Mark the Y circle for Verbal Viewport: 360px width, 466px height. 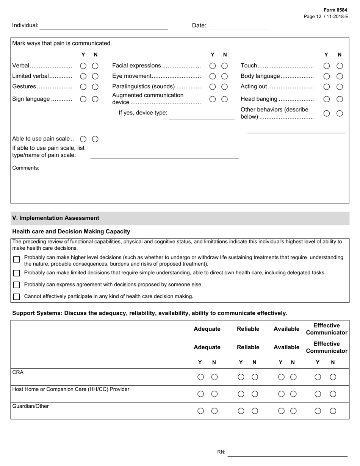pos(83,66)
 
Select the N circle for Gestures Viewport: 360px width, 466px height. pos(95,87)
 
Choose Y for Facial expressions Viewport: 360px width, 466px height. pos(213,66)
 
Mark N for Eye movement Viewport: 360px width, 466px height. pos(224,76)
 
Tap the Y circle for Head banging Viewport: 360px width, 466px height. pos(327,99)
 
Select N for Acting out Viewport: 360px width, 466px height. pos(340,87)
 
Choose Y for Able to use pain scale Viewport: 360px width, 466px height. pos(83,139)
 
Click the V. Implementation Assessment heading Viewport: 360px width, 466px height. pos(56,218)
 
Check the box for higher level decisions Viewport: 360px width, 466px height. pos(16,260)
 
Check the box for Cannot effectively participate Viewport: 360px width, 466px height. pos(16,297)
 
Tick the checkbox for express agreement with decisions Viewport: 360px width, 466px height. pos(16,285)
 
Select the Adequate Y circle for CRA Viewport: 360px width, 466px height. pos(201,377)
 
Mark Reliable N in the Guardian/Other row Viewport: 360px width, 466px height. pos(255,411)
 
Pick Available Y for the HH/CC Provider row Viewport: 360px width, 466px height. pos(281,394)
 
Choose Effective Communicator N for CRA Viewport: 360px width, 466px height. pos(333,377)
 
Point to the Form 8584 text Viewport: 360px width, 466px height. pos(335,10)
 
